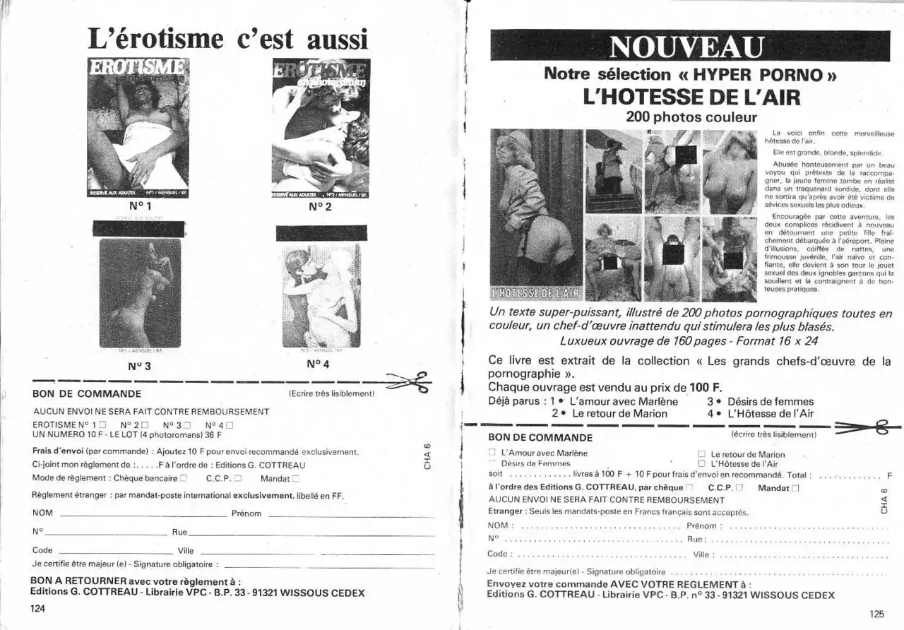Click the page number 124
[37, 608]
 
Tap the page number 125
[876, 614]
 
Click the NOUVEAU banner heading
[686, 47]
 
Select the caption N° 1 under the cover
[141, 206]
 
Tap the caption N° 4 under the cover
[319, 364]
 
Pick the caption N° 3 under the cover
[139, 366]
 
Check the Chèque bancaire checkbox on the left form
[184, 478]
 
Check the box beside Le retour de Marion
[702, 454]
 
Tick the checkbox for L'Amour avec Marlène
[492, 453]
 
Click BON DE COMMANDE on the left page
[87, 394]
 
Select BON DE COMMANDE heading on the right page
[540, 437]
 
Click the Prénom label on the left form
[246, 513]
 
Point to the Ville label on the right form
[701, 554]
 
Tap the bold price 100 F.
[706, 387]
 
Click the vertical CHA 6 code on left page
[427, 456]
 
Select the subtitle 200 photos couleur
[691, 117]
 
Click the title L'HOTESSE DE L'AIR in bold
[691, 96]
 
